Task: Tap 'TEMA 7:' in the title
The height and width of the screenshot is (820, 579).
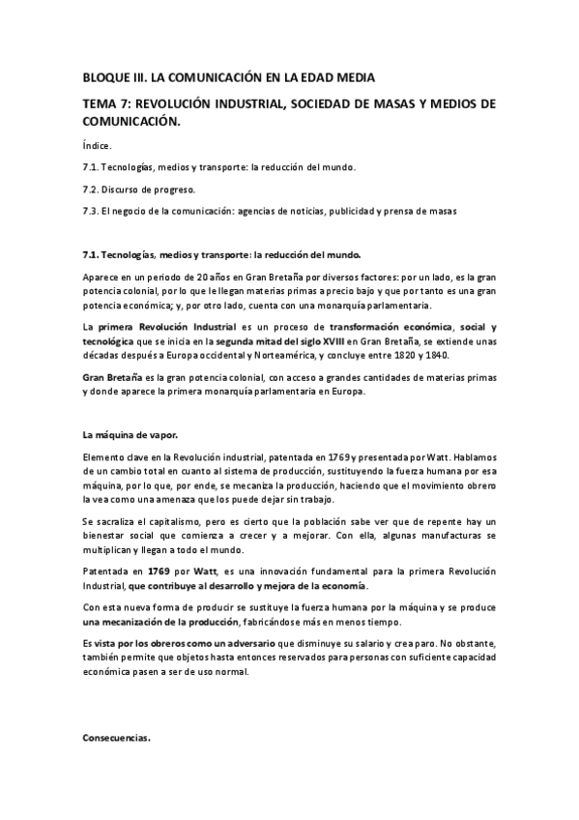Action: (108, 103)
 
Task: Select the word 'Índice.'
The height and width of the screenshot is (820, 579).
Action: (98, 145)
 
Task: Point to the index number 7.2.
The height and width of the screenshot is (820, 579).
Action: (93, 189)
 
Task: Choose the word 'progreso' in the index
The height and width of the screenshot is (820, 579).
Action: (173, 189)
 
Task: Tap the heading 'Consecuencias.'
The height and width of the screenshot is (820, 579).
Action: (117, 738)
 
